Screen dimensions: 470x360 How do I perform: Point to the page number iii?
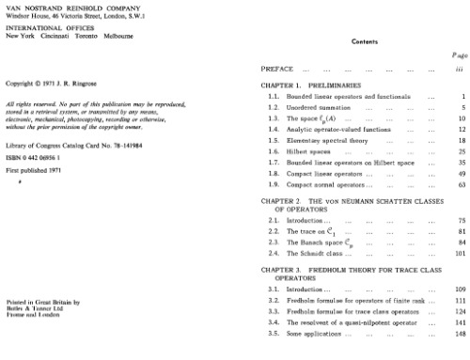[459, 70]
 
